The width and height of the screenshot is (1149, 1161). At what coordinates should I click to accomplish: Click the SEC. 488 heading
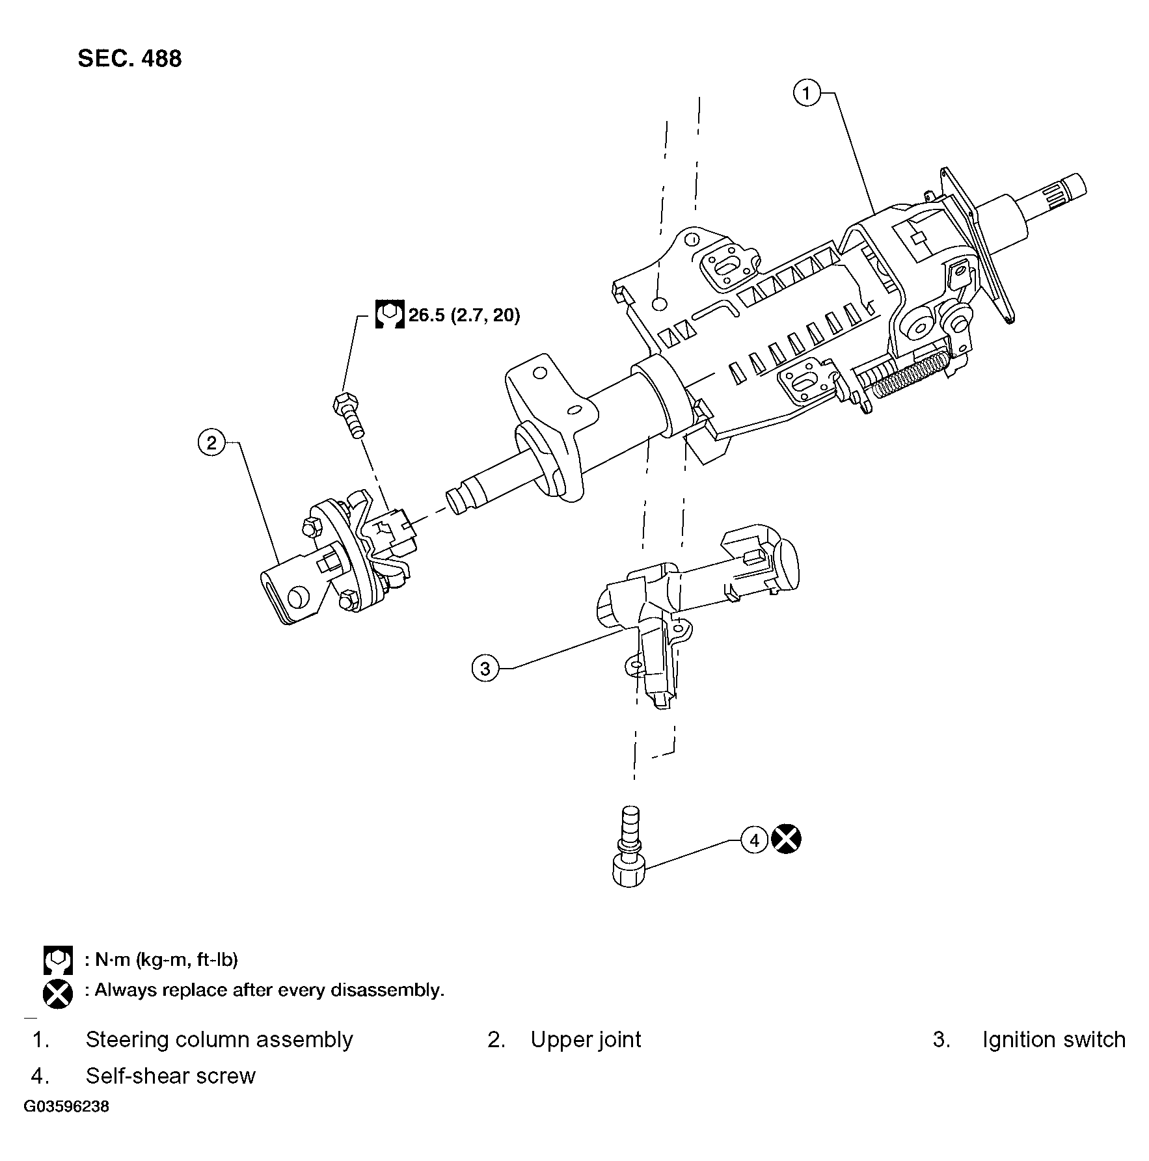click(129, 59)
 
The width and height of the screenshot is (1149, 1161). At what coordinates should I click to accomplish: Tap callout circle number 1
click(807, 94)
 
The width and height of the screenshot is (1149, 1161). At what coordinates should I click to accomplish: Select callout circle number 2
click(211, 443)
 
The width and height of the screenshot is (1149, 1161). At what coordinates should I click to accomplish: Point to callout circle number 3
click(485, 668)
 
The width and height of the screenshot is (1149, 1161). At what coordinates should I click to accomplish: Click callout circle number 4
click(754, 840)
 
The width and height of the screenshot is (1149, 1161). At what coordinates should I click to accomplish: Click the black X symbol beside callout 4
click(786, 839)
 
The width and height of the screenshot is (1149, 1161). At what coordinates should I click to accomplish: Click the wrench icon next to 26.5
click(390, 315)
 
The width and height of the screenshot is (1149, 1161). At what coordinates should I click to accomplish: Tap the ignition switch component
click(677, 611)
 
